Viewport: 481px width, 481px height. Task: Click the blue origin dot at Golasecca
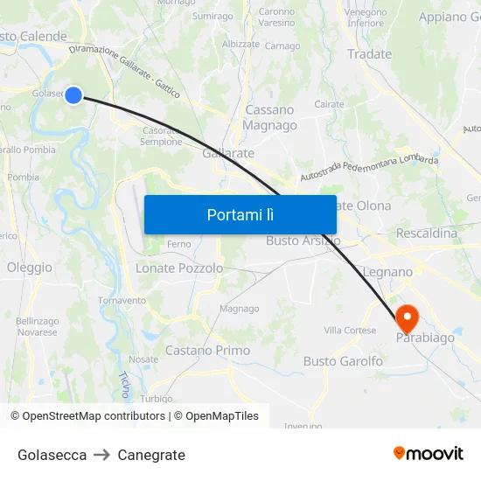(73, 95)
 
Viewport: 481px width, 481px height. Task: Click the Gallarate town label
(228, 153)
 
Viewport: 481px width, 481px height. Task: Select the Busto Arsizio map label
(303, 240)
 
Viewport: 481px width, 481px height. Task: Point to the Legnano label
(387, 272)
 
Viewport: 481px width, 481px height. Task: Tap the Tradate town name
(369, 54)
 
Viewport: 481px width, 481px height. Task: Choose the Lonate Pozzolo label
(179, 268)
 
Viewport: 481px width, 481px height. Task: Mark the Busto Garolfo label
(343, 361)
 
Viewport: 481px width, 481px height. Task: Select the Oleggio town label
(29, 268)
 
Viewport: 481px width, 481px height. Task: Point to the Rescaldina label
(427, 234)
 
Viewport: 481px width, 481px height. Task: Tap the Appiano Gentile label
(450, 17)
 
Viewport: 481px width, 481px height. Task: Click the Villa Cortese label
(350, 331)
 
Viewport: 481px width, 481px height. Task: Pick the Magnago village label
(239, 309)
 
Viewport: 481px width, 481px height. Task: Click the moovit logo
(429, 454)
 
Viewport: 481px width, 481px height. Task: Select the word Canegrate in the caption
(151, 455)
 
